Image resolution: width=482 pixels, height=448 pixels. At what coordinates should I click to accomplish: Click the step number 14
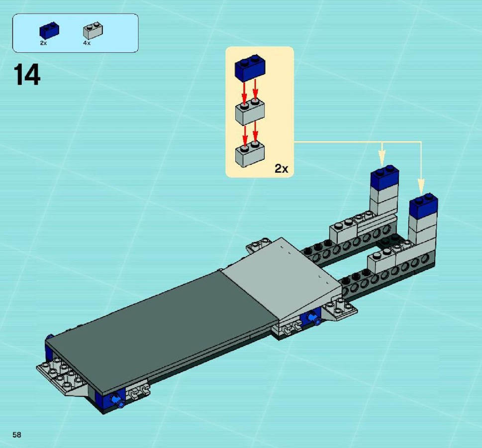point(27,75)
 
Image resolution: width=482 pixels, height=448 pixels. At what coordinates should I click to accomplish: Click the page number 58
point(17,435)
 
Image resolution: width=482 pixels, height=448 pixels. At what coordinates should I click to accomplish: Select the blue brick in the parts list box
point(49,30)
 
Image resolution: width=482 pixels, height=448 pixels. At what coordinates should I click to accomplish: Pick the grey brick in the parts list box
point(93,30)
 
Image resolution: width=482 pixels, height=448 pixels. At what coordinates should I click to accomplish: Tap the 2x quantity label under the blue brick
point(43,43)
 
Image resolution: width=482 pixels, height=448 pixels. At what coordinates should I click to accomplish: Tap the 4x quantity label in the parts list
point(87,43)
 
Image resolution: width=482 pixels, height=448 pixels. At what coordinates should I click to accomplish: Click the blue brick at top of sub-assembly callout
point(250,68)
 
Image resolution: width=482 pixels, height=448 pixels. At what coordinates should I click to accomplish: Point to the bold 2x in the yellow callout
point(281,169)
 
